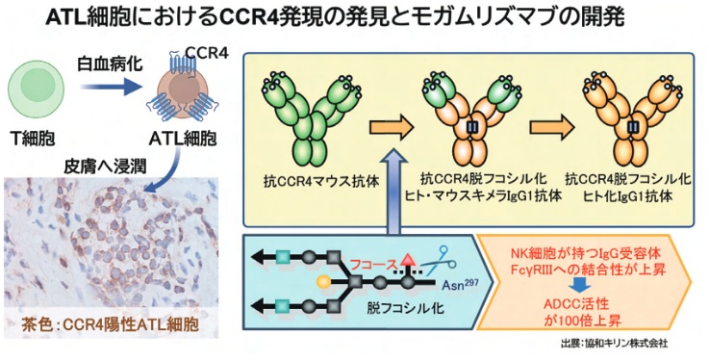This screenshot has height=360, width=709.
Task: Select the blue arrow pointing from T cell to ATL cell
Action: pyautogui.click(x=112, y=87)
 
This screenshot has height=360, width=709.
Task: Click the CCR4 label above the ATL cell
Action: pyautogui.click(x=207, y=53)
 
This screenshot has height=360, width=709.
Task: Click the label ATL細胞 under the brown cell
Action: pyautogui.click(x=183, y=139)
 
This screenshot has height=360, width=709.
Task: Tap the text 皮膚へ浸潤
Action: pyautogui.click(x=105, y=167)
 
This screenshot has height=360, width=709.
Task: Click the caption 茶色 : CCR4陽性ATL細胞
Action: pyautogui.click(x=110, y=325)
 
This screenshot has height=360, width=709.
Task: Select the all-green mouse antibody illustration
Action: pyautogui.click(x=312, y=116)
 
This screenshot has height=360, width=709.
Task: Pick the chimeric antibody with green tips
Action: pyautogui.click(x=472, y=116)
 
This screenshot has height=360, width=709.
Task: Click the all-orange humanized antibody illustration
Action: pyautogui.click(x=632, y=116)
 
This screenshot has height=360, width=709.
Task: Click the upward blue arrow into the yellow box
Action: pyautogui.click(x=392, y=193)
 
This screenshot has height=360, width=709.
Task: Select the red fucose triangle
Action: pyautogui.click(x=408, y=260)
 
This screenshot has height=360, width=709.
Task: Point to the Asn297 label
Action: pyautogui.click(x=460, y=285)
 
